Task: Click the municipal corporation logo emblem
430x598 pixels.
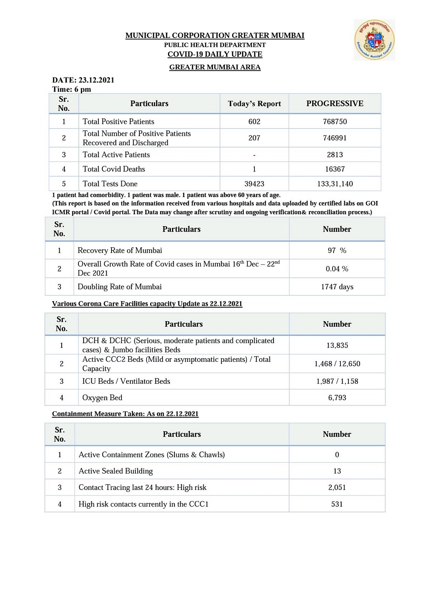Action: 374,40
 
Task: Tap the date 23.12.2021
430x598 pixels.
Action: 96,80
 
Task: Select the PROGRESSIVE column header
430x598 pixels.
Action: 335,104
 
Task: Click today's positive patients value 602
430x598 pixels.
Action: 254,122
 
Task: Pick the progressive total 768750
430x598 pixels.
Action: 335,122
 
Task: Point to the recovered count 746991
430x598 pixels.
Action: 335,138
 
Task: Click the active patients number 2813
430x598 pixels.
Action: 335,155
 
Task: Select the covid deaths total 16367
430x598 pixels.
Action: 335,169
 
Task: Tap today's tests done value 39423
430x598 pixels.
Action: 254,184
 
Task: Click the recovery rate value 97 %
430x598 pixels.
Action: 337,251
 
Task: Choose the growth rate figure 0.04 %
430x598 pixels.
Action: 337,269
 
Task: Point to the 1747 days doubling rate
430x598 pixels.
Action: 337,287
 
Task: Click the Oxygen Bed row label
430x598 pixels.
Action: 102,398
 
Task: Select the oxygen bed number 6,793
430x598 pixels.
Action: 337,398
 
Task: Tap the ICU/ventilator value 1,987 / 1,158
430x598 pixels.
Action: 337,381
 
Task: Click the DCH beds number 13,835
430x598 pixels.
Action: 337,345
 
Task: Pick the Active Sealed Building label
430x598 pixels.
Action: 115,471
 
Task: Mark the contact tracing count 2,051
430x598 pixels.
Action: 337,487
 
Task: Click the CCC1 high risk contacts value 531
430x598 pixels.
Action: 337,504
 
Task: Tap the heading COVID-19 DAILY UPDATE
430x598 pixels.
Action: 215,54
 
